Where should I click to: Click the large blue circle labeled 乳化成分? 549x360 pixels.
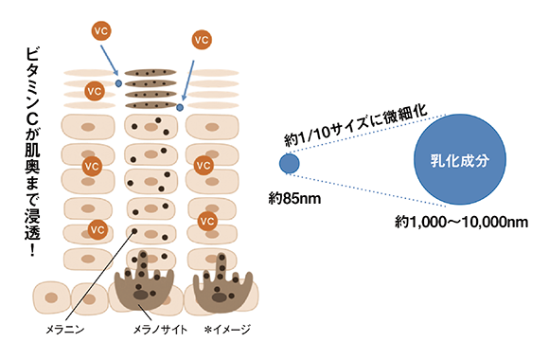(460, 159)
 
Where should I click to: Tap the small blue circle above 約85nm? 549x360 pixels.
(290, 163)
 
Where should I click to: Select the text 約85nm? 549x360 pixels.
(294, 199)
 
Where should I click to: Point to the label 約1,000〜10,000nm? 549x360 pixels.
(461, 222)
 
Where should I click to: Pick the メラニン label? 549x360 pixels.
(65, 330)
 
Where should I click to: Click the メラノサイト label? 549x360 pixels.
(160, 330)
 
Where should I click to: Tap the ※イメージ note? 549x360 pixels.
(227, 330)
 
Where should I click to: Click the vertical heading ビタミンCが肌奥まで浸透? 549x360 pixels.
(32, 152)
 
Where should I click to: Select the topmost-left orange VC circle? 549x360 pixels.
(101, 31)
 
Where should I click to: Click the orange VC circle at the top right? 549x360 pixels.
(202, 40)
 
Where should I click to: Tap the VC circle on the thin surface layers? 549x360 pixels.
(95, 91)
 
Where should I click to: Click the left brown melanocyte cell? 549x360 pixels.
(144, 280)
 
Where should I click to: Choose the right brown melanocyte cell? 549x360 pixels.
(223, 283)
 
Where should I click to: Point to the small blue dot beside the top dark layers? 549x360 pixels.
(118, 83)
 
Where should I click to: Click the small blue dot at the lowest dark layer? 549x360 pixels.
(180, 107)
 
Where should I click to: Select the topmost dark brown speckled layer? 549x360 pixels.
(151, 73)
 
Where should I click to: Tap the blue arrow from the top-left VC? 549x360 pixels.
(109, 61)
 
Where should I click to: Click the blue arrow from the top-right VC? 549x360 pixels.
(187, 81)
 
